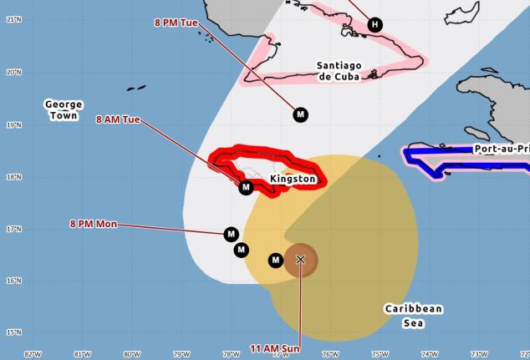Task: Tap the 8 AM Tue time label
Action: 118,119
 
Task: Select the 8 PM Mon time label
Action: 93,223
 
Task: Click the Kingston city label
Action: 293,179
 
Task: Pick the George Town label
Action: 64,109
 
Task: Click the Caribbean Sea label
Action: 414,314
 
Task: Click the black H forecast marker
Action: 375,24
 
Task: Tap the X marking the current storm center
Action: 301,259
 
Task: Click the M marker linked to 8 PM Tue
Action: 300,114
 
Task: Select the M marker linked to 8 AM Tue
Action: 246,187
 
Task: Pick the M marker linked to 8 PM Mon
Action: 232,233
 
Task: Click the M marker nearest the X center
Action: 276,261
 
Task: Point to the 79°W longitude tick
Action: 181,354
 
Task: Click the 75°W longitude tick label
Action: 380,354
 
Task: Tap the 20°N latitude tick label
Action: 13,72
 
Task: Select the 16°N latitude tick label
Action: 13,281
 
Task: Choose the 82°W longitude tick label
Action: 33,354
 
